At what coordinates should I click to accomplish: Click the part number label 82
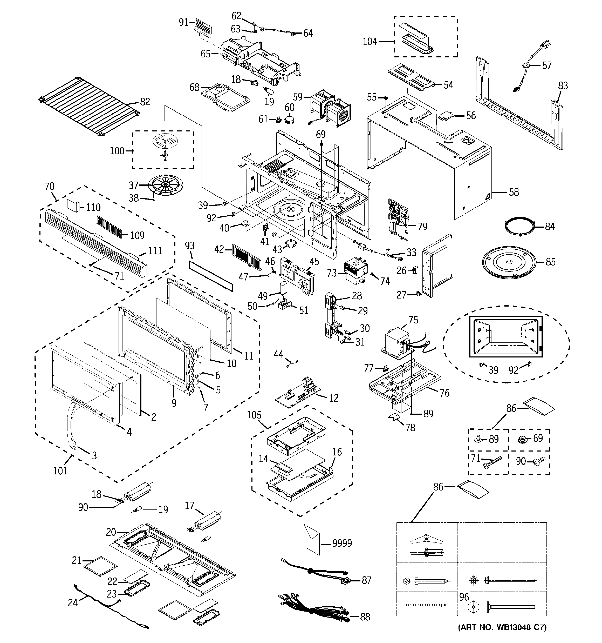pyautogui.click(x=145, y=102)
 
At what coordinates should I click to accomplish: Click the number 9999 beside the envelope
pyautogui.click(x=342, y=543)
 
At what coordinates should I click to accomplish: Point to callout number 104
pyautogui.click(x=370, y=42)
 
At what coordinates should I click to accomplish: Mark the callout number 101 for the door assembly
pyautogui.click(x=60, y=470)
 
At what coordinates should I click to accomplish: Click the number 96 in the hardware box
pyautogui.click(x=464, y=597)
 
